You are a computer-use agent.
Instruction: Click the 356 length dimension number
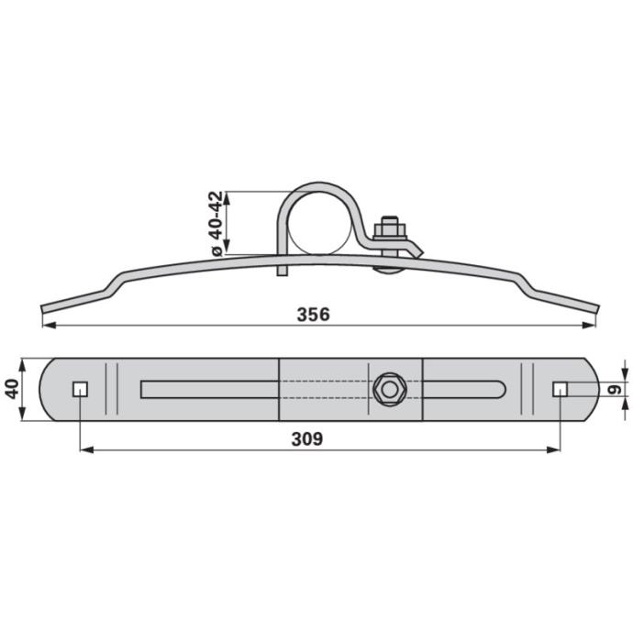pyautogui.click(x=313, y=315)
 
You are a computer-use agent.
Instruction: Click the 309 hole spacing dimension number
pyautogui.click(x=307, y=439)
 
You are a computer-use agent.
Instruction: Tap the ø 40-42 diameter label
pyautogui.click(x=217, y=224)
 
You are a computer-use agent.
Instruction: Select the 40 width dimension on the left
pyautogui.click(x=12, y=389)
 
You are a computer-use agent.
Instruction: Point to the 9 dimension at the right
pyautogui.click(x=615, y=389)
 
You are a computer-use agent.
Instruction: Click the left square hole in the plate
pyautogui.click(x=81, y=389)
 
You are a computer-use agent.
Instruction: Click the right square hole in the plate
pyautogui.click(x=560, y=389)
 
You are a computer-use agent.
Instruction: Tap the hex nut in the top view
pyautogui.click(x=390, y=390)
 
